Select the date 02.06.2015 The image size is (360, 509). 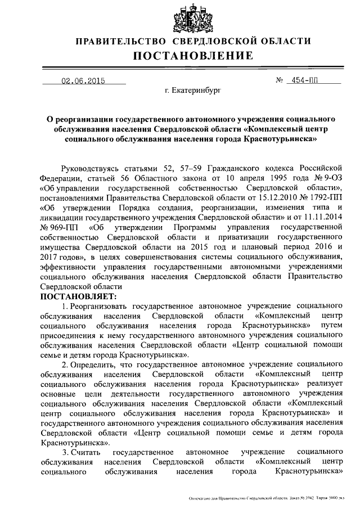(x=84, y=80)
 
